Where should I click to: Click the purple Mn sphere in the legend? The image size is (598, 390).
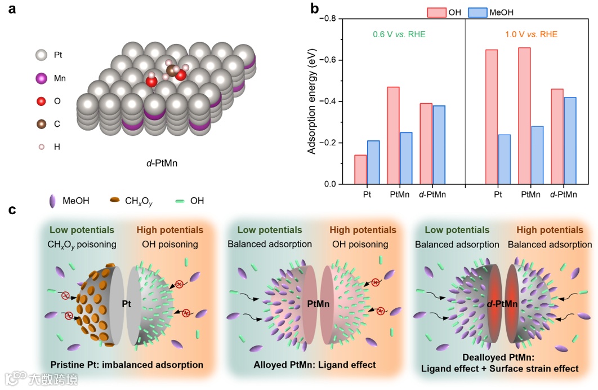pyautogui.click(x=40, y=78)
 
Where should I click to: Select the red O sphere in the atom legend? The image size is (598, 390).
pyautogui.click(x=40, y=101)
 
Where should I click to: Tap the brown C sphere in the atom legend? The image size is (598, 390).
pyautogui.click(x=40, y=124)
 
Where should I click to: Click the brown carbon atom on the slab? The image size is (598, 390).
pyautogui.click(x=171, y=70)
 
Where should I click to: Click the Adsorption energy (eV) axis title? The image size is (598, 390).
pyautogui.click(x=311, y=101)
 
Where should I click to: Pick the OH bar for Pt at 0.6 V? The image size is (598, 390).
pyautogui.click(x=360, y=169)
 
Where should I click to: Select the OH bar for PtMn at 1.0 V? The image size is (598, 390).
pyautogui.click(x=524, y=116)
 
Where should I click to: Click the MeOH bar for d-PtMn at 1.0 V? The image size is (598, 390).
pyautogui.click(x=570, y=140)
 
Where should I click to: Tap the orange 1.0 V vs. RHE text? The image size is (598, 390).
pyautogui.click(x=531, y=34)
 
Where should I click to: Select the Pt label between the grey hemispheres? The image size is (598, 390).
pyautogui.click(x=127, y=303)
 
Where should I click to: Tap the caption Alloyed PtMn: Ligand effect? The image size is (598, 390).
pyautogui.click(x=315, y=365)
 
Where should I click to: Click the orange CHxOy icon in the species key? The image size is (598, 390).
pyautogui.click(x=115, y=200)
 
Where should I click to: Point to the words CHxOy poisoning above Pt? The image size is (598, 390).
pyautogui.click(x=82, y=244)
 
